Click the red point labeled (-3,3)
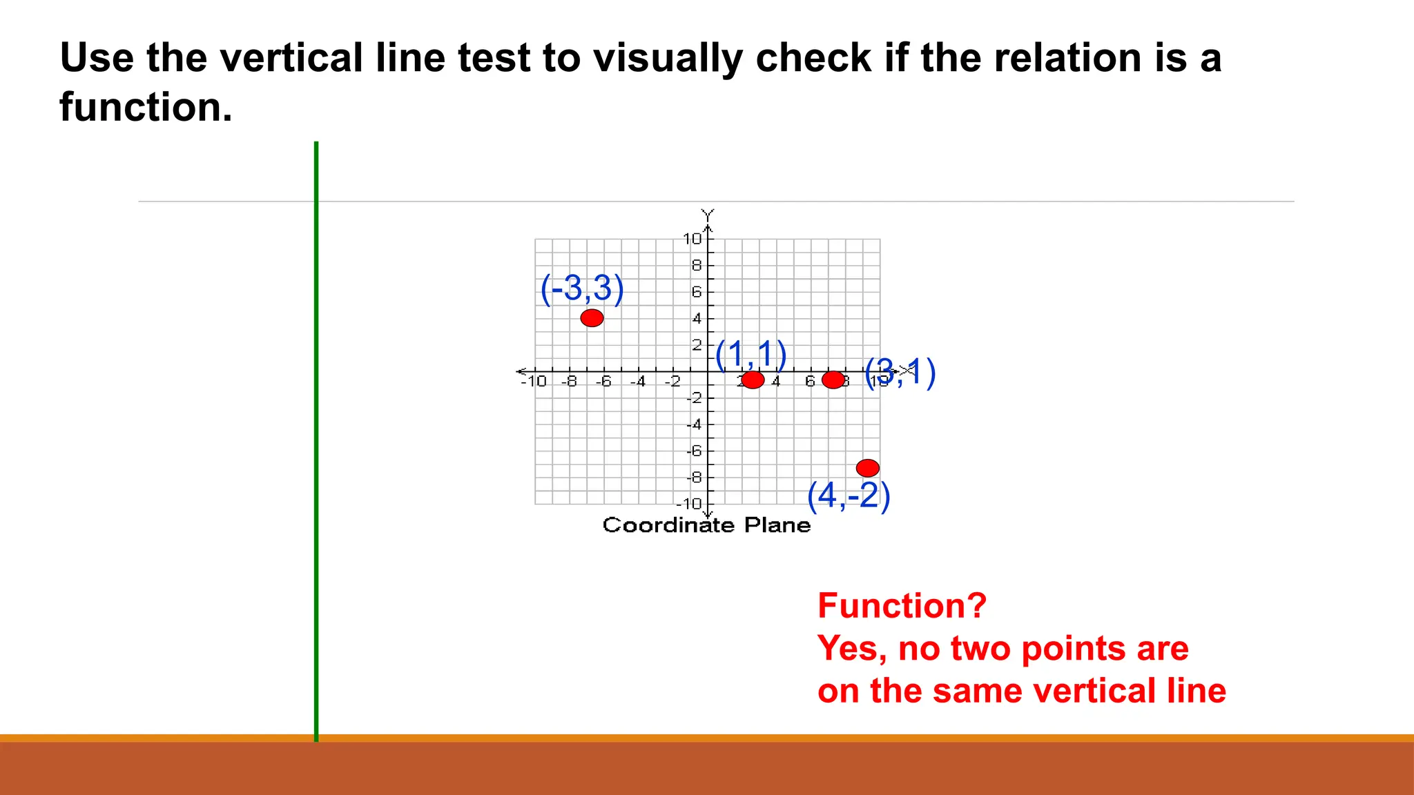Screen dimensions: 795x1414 [x=592, y=318]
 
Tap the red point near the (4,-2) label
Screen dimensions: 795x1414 [x=867, y=468]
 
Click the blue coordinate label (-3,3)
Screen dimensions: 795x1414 [x=581, y=288]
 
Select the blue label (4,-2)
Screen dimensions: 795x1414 [x=849, y=495]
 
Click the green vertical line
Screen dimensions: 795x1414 [x=316, y=442]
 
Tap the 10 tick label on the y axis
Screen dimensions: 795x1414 [x=692, y=239]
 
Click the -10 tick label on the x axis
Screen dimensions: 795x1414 [x=534, y=382]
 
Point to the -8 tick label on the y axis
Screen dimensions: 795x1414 [x=694, y=478]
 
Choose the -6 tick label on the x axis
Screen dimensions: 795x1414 [x=603, y=382]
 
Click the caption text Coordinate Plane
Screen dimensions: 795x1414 [x=706, y=525]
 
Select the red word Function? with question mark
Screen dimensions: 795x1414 [x=902, y=606]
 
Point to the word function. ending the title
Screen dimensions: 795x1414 [x=146, y=108]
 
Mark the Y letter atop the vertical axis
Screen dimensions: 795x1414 [x=708, y=214]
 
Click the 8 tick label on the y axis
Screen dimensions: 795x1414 [x=696, y=266]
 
